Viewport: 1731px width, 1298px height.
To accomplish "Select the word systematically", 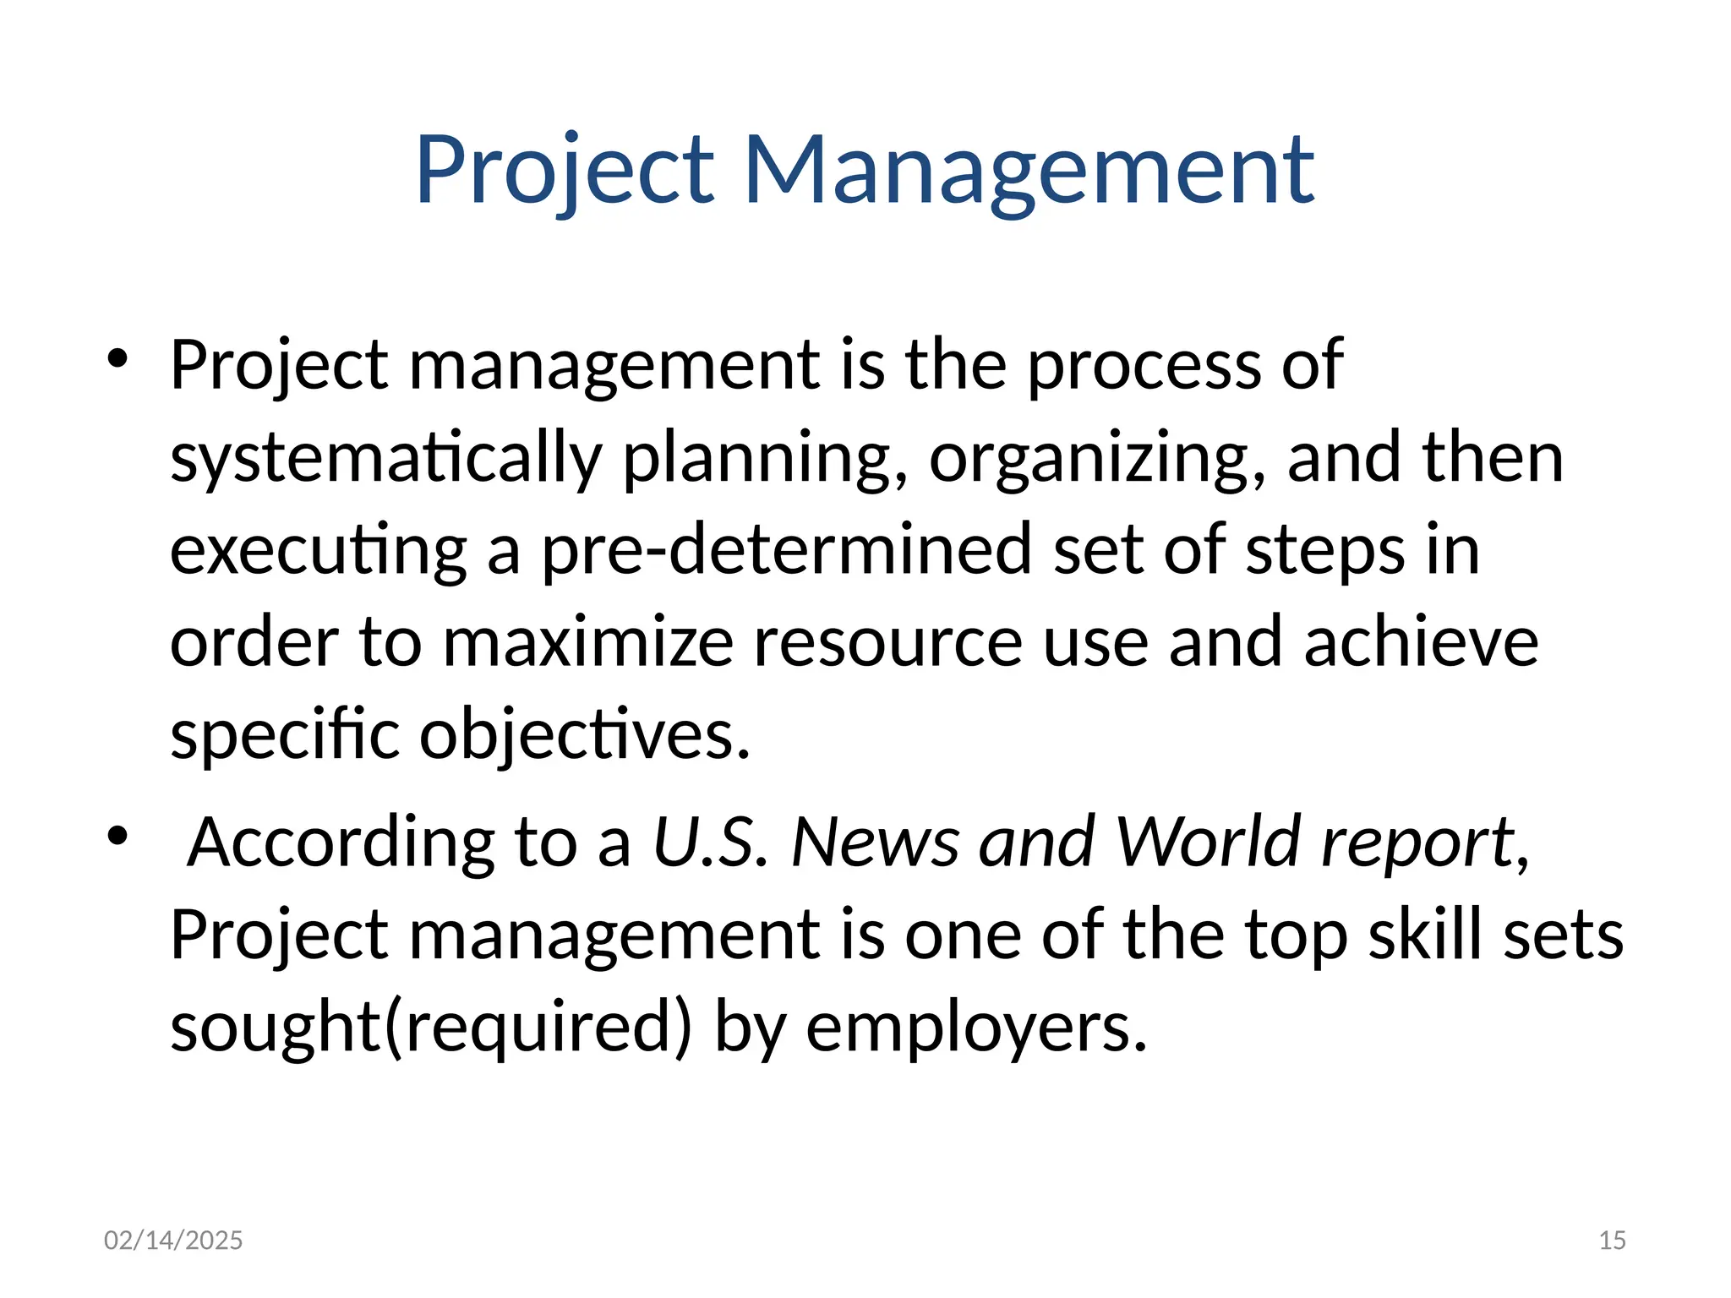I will coord(385,459).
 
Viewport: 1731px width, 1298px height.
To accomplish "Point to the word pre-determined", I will coord(786,550).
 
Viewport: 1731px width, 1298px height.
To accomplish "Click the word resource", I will coord(887,642).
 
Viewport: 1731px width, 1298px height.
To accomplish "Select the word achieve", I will coord(1421,642).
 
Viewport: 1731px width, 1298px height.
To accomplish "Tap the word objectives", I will coord(585,735).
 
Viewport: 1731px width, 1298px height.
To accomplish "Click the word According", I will coord(341,843).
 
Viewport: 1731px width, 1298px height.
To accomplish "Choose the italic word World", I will coord(1207,843).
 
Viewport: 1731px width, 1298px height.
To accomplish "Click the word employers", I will coord(976,1028).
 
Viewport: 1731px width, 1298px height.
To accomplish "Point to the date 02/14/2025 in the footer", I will coord(173,1241).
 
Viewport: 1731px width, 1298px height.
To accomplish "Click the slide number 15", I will coord(1612,1241).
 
